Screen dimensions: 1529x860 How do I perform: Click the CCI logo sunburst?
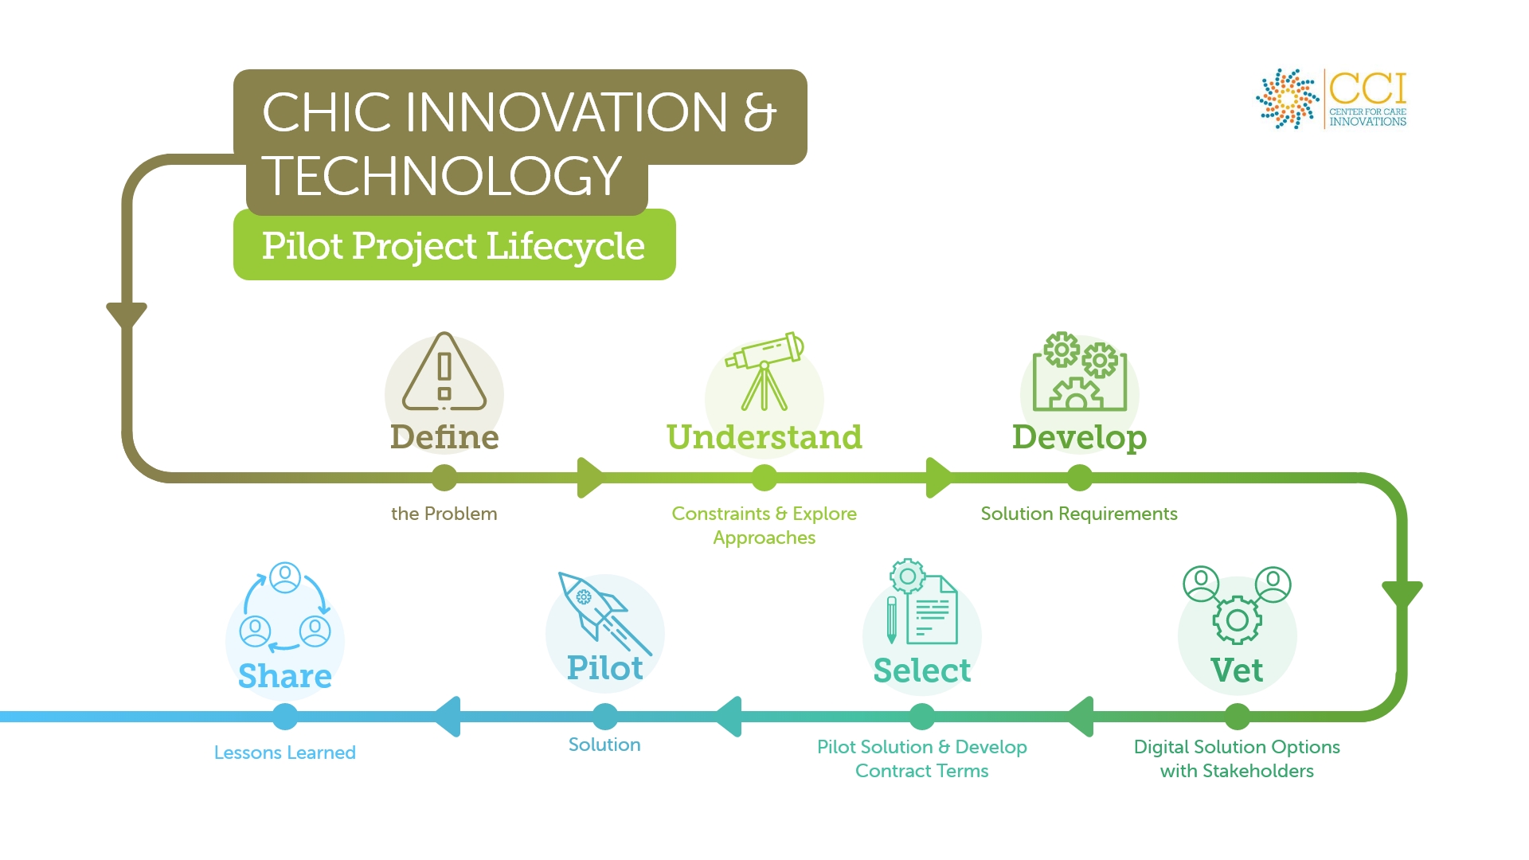(x=1287, y=99)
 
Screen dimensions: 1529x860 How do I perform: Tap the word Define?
(x=444, y=437)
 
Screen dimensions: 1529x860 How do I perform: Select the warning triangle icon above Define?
(x=444, y=371)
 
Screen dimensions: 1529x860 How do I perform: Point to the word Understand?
(x=764, y=437)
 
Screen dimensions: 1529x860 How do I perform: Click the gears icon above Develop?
(x=1080, y=371)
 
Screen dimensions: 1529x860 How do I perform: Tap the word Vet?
(x=1237, y=670)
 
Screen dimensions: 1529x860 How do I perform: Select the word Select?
(x=922, y=670)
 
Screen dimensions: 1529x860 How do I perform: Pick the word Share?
(x=285, y=676)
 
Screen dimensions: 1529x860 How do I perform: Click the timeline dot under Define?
(x=444, y=478)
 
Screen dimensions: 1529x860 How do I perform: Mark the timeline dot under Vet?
(x=1237, y=717)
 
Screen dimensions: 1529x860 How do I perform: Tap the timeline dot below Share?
(x=285, y=717)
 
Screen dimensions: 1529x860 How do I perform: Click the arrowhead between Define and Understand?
(x=591, y=478)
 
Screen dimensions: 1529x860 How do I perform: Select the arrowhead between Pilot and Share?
(x=447, y=717)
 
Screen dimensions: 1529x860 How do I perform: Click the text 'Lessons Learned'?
(x=285, y=752)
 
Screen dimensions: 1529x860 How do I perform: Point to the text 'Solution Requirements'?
(x=1079, y=514)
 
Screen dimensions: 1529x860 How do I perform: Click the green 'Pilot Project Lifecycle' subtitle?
(x=454, y=245)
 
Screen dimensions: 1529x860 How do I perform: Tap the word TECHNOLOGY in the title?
(x=442, y=176)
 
